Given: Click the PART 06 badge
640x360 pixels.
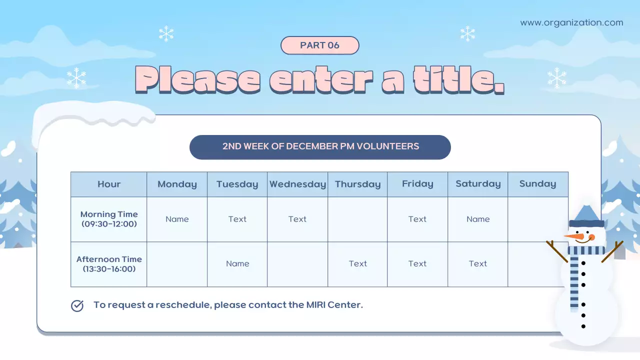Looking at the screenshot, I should tap(320, 45).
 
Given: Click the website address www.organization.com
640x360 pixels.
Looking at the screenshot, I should tap(571, 22).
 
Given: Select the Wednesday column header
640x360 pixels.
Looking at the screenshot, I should tap(297, 184).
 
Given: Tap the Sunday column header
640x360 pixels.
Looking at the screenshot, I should tap(537, 184).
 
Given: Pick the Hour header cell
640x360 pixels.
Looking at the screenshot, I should tap(109, 184).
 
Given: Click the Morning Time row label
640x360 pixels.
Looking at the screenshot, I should tap(109, 219).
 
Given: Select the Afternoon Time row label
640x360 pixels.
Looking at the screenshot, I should tap(109, 264).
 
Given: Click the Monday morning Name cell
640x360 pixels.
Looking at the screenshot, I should tap(177, 219).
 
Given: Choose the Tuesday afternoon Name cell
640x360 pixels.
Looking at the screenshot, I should tap(237, 264).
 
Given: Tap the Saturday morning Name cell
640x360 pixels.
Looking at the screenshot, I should tap(478, 219).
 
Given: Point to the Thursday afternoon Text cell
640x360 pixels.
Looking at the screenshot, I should tap(358, 264).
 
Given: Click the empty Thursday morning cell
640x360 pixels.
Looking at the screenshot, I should tap(357, 219).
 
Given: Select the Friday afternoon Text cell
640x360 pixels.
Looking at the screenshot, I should tap(417, 264).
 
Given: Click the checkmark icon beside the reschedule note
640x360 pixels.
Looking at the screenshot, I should tap(77, 305).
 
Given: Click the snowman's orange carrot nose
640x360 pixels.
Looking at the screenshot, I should tap(575, 235).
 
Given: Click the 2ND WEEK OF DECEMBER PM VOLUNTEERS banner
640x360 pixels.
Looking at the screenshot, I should tap(320, 147).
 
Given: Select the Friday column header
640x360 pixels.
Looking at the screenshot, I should tap(417, 184).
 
